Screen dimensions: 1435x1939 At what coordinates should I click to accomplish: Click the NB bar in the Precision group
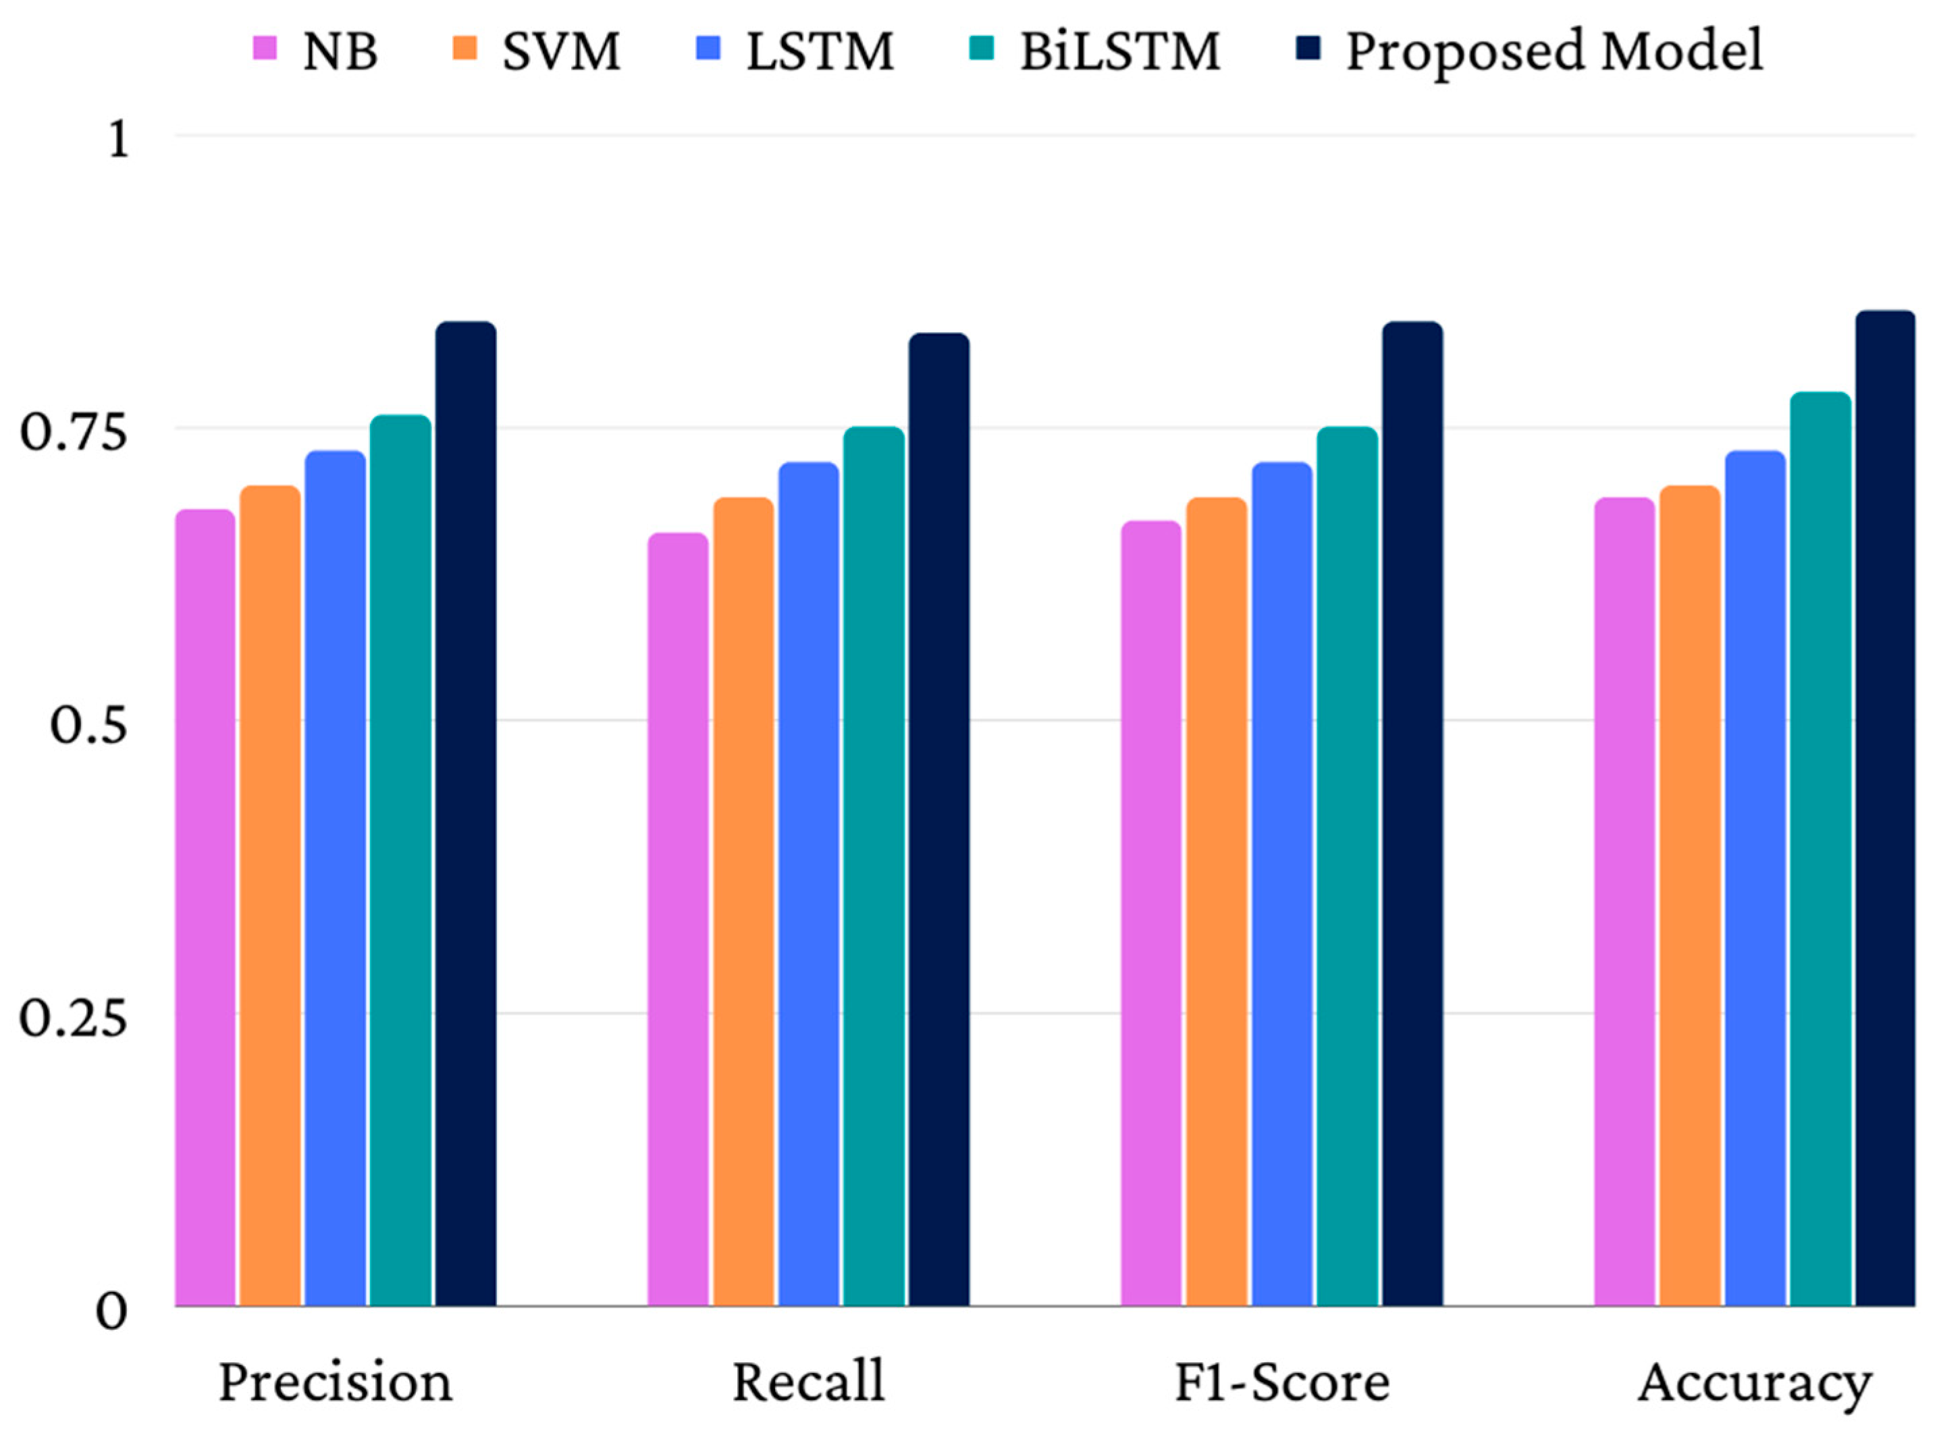pos(205,908)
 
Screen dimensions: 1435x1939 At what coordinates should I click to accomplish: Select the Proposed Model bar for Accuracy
pos(1884,808)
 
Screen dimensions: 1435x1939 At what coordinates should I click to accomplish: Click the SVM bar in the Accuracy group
pos(1689,896)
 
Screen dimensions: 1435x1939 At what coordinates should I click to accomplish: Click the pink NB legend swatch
pos(265,48)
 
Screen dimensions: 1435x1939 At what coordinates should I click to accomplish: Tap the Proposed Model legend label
pos(1554,51)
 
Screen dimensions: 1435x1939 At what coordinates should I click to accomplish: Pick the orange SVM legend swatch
pos(466,48)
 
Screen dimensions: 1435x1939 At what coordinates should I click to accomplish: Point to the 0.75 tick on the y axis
pos(74,429)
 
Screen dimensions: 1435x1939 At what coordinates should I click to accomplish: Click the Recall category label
pos(808,1381)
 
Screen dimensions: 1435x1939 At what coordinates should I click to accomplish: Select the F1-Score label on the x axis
pos(1281,1381)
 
